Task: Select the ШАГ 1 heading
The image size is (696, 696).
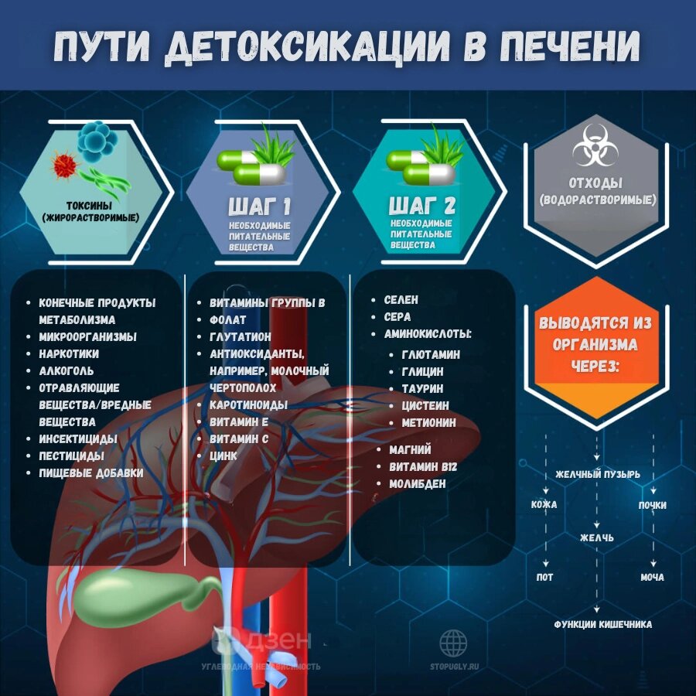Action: tap(259, 206)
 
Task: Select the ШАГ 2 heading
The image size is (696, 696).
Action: tap(421, 206)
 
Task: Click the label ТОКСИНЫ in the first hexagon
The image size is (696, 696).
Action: tap(90, 206)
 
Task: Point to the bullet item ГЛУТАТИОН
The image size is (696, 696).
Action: tap(241, 336)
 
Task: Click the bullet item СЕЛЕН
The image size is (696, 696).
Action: tap(401, 299)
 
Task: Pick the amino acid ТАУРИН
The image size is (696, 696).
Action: tap(422, 388)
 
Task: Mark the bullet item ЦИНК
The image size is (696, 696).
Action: tap(223, 456)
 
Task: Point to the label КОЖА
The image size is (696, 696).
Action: tap(544, 505)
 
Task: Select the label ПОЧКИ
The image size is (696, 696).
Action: tap(652, 505)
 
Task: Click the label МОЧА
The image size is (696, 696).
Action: tap(652, 578)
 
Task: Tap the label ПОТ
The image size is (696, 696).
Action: tap(544, 578)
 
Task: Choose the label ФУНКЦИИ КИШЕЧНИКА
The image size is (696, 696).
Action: tap(602, 624)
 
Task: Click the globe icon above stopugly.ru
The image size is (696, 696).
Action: tap(453, 643)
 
